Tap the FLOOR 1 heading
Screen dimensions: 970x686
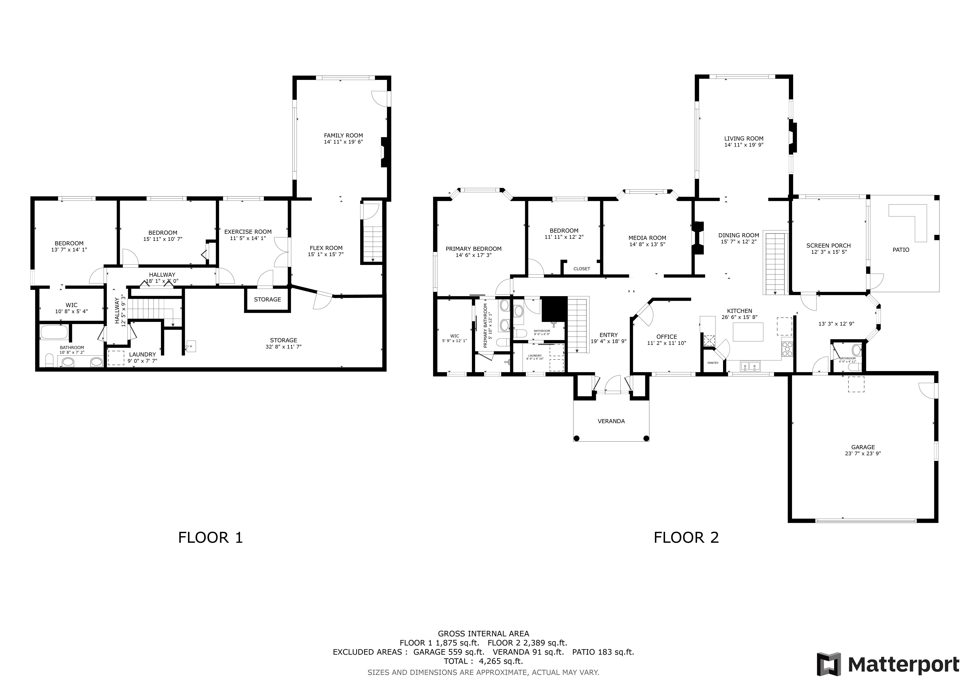[x=210, y=538]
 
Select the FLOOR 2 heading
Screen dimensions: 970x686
[x=686, y=538]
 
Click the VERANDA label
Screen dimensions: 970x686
[x=611, y=421]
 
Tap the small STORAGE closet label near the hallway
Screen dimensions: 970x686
[x=267, y=300]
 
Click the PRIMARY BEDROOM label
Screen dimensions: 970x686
[x=474, y=249]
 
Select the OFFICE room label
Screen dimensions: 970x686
[x=667, y=337]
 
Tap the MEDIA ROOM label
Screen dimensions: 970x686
[x=647, y=238]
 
